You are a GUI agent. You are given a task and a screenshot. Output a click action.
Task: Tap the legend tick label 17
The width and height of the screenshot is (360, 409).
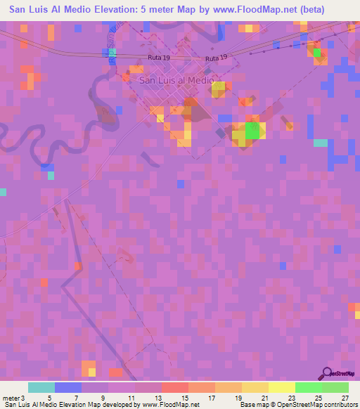[212, 398]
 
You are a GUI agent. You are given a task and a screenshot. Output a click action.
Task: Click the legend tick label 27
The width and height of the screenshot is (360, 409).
[345, 398]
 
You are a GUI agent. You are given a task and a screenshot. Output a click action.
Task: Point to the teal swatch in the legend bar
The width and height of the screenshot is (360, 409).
[41, 387]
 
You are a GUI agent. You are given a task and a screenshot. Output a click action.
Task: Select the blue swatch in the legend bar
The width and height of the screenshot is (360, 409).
[68, 387]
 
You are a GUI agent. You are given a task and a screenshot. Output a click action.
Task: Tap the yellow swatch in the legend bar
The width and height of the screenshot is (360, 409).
[281, 387]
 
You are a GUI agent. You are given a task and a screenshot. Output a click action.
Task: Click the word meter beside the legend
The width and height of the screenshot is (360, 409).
[11, 398]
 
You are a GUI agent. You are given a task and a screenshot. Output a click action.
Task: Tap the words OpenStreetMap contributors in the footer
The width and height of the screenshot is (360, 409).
[319, 405]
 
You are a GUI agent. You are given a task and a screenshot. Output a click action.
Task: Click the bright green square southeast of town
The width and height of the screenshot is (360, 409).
[252, 131]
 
